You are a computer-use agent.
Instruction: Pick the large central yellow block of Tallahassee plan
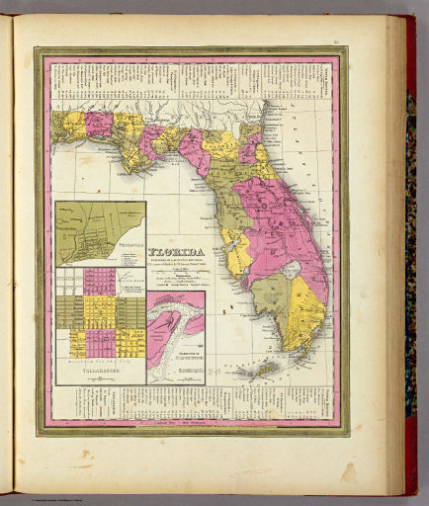[x=99, y=311]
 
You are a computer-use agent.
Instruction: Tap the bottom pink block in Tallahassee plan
[x=99, y=342]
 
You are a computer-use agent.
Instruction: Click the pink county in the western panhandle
[x=99, y=124]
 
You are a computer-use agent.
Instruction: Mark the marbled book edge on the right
[x=410, y=247]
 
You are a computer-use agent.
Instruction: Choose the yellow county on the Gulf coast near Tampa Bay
[x=237, y=252]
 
